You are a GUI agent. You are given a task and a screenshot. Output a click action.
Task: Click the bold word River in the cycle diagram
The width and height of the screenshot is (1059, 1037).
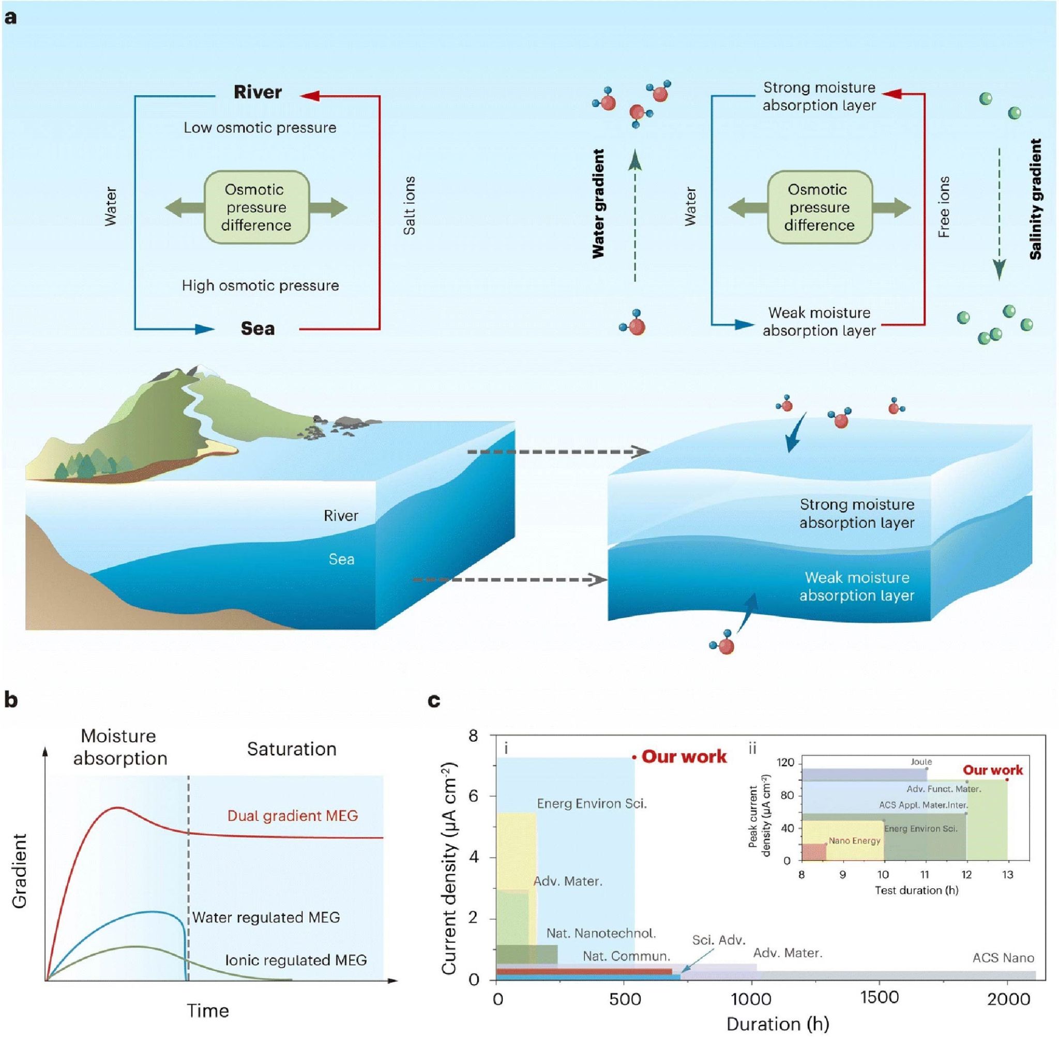[x=258, y=92]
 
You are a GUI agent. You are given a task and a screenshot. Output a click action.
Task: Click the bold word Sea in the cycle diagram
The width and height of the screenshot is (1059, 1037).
[x=258, y=328]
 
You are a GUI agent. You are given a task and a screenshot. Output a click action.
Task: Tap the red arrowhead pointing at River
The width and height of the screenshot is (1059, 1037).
[x=309, y=96]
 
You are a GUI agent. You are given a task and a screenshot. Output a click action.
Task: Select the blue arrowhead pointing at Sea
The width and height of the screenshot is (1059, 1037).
[x=205, y=329]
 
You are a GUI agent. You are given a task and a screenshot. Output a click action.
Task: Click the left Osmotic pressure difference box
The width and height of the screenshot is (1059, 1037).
[x=256, y=207]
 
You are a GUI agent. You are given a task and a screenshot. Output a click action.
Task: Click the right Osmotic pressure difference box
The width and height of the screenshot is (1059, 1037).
[x=819, y=207]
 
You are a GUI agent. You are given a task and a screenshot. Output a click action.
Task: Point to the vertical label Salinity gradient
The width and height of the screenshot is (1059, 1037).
[x=1036, y=199]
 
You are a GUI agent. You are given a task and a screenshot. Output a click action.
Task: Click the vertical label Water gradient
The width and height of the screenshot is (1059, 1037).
[x=598, y=203]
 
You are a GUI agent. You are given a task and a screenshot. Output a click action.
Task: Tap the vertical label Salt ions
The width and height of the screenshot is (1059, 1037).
[x=409, y=205]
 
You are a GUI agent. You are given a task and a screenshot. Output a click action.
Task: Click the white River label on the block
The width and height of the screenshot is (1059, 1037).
[x=341, y=515]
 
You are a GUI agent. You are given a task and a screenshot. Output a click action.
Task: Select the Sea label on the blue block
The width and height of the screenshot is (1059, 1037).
[x=341, y=559]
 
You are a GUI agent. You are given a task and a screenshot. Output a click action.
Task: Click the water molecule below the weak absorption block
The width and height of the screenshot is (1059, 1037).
[x=723, y=645]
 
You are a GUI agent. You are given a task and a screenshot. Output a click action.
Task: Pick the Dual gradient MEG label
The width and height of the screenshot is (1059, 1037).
[x=293, y=815]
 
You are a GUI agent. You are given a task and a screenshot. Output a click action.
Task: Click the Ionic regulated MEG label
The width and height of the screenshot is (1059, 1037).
[x=296, y=959]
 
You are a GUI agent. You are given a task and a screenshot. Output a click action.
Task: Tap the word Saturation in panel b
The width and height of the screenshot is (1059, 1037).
[x=292, y=749]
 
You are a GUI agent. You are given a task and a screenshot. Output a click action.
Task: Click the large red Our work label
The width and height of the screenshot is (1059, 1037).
[x=684, y=756]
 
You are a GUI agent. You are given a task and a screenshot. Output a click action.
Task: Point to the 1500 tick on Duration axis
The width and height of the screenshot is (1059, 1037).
[x=879, y=997]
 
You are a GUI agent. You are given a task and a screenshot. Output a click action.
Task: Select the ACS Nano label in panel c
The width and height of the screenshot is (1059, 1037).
[x=1003, y=957]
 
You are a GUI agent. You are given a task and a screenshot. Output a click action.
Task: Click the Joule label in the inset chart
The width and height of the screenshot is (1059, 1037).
[x=921, y=761]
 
